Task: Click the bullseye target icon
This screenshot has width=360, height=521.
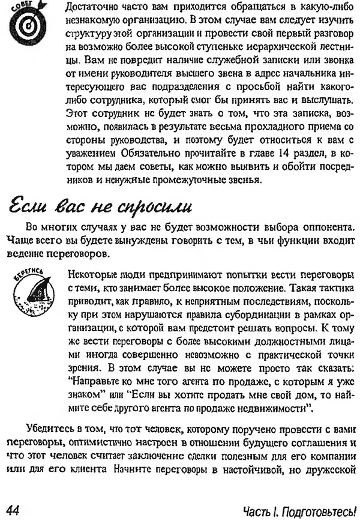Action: (x=26, y=26)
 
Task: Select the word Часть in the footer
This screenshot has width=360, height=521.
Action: (x=256, y=510)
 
